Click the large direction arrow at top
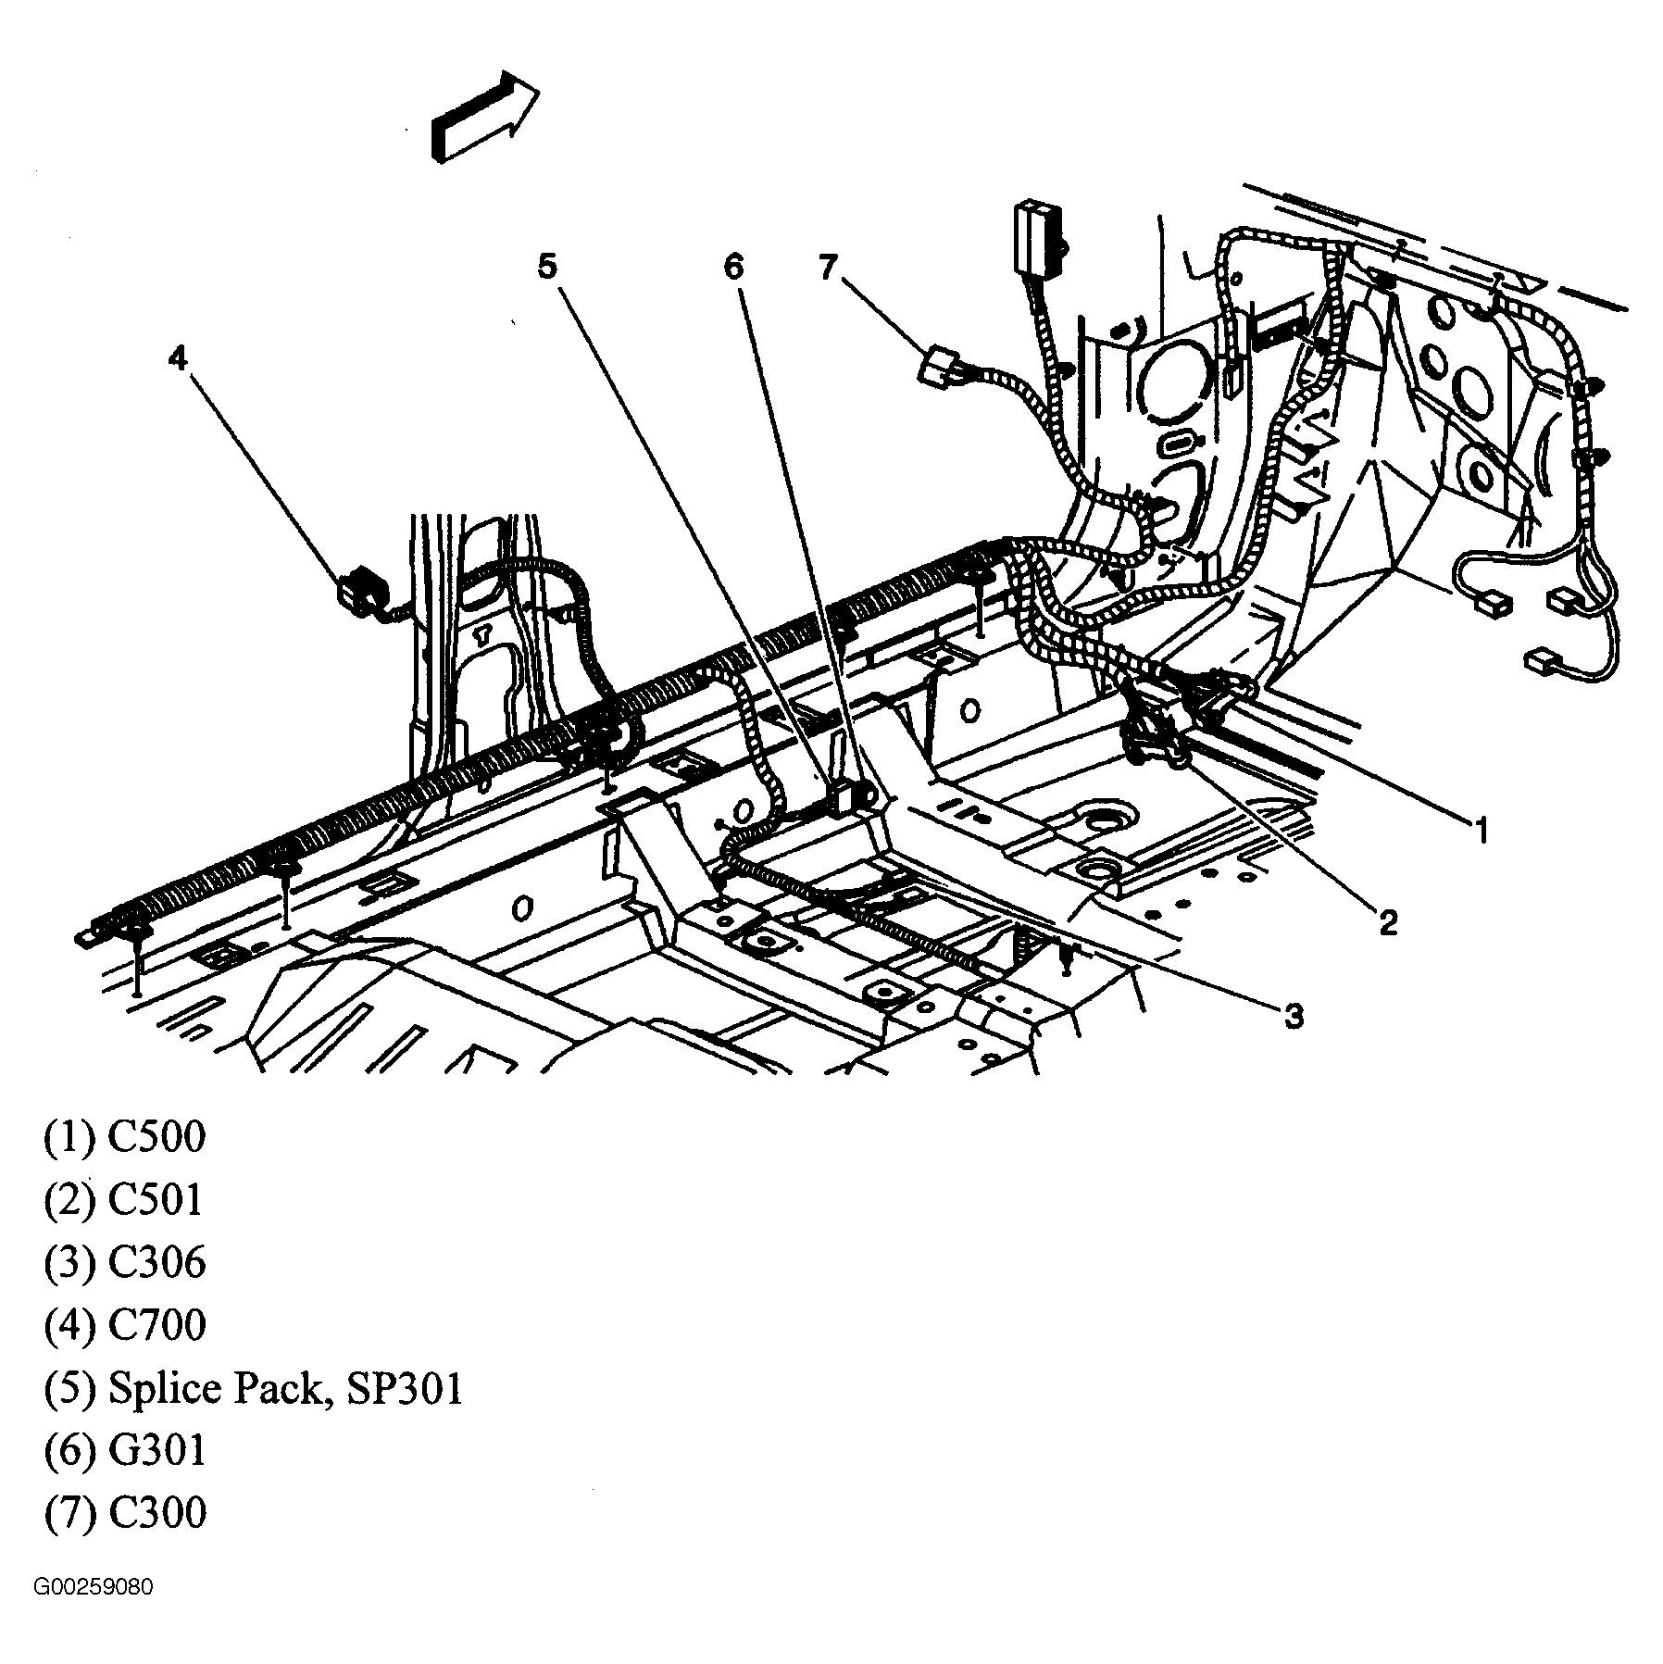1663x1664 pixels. click(x=483, y=118)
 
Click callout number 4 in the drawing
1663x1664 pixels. click(x=178, y=358)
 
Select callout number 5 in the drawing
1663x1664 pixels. click(x=547, y=267)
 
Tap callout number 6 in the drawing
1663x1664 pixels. click(x=733, y=267)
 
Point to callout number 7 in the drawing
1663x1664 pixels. click(x=827, y=267)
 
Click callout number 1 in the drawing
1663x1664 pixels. click(x=1481, y=831)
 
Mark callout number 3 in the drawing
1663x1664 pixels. click(x=1294, y=1016)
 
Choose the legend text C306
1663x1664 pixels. click(x=156, y=1262)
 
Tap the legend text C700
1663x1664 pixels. click(x=156, y=1325)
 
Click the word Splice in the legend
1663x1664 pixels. click(x=164, y=1389)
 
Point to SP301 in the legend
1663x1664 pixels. click(x=404, y=1388)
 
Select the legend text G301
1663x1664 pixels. click(x=156, y=1450)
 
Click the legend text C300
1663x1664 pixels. click(x=156, y=1513)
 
